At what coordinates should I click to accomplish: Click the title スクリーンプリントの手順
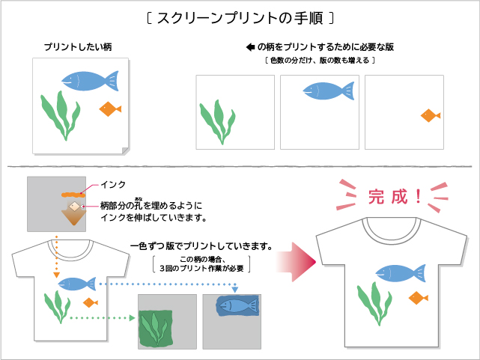[x=240, y=16]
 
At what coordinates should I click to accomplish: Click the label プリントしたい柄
[x=77, y=47]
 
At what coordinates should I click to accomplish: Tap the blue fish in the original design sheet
[x=88, y=79]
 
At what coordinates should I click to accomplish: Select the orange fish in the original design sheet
[x=110, y=109]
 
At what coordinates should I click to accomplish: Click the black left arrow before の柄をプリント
[x=250, y=47]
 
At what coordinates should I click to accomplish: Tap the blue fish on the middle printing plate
[x=326, y=91]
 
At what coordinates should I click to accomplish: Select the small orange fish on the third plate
[x=429, y=115]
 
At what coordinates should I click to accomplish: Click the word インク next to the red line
[x=112, y=184]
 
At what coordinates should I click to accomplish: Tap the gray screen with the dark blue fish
[x=231, y=320]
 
